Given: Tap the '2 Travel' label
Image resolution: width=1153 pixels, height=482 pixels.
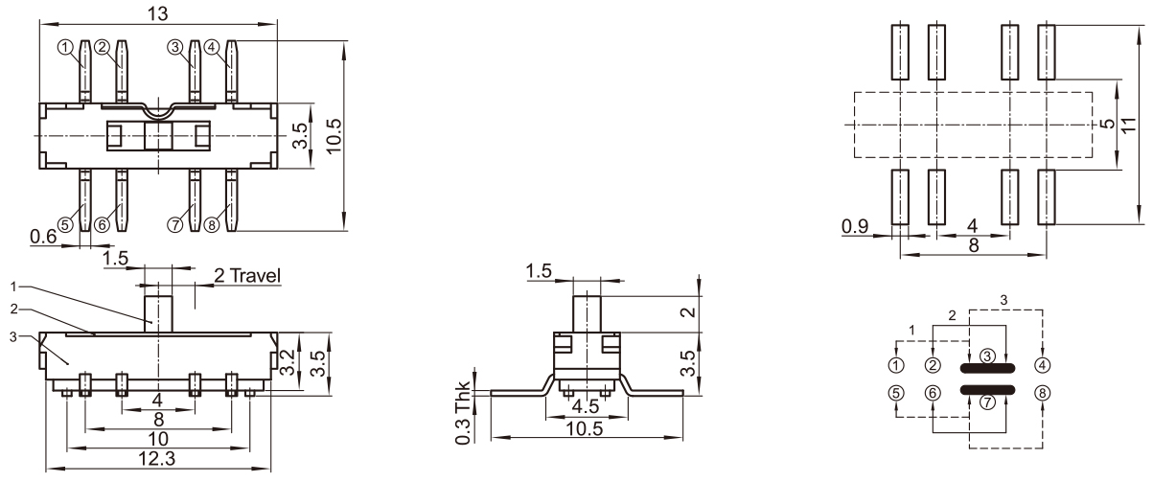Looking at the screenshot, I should tap(246, 276).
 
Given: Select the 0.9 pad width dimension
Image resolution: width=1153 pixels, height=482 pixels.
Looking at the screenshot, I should tap(856, 227).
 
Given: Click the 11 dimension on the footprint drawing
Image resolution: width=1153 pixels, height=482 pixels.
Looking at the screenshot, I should tap(1131, 125).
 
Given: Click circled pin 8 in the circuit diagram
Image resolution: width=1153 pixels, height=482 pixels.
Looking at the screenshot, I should tap(1044, 392).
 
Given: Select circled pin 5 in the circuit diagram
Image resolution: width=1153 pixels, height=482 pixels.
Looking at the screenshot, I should tap(895, 392).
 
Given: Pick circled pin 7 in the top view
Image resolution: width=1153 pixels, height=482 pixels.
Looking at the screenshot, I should tap(174, 224).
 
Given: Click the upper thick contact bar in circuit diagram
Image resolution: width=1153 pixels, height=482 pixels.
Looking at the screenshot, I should tap(987, 369).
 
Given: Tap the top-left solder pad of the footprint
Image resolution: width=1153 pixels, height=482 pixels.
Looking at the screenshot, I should tap(900, 52).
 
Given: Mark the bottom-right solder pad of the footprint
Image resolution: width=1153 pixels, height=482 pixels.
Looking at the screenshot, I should tap(1046, 196).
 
